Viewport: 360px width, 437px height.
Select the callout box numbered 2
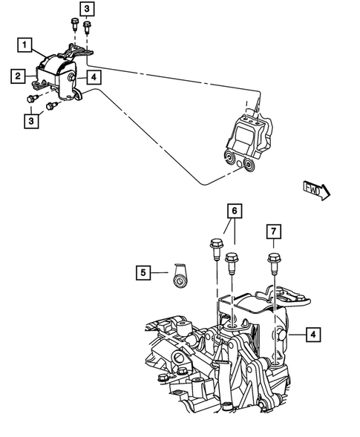click(x=16, y=74)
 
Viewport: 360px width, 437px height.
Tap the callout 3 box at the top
click(x=88, y=9)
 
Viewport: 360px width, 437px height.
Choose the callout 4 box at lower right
click(x=314, y=335)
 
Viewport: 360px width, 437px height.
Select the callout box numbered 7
click(x=273, y=231)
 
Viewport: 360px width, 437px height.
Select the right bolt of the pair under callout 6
click(x=231, y=261)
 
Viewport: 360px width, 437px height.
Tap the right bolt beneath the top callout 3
click(x=88, y=30)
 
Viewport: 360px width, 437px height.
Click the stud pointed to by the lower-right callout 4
click(x=282, y=335)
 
